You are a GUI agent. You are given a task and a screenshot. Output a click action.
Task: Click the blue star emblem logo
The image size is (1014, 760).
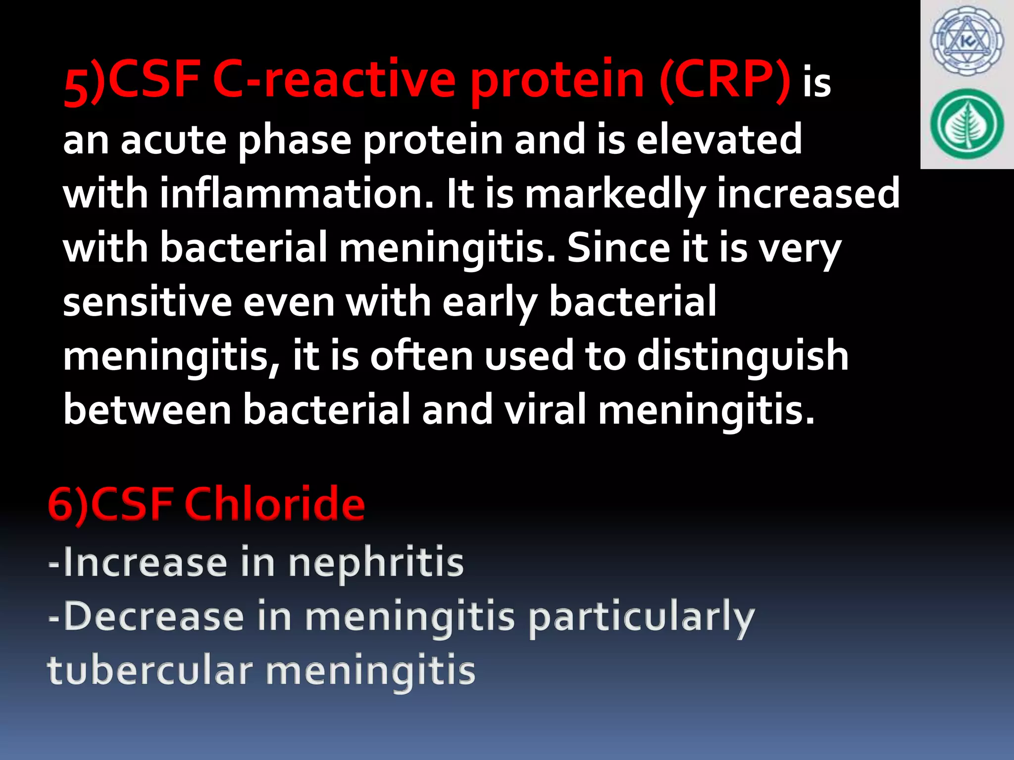[x=966, y=42]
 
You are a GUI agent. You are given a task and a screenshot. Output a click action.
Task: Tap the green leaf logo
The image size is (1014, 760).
[x=966, y=124]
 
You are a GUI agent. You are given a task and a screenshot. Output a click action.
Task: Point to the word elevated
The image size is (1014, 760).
[x=719, y=140]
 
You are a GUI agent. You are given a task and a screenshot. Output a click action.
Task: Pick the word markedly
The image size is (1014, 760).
[x=614, y=194]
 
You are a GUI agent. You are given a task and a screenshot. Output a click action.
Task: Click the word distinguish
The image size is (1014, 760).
[x=742, y=356]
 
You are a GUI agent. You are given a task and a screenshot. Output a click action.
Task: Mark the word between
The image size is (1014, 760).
[x=148, y=410]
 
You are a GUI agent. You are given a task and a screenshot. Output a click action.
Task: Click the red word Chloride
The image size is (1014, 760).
[x=275, y=504]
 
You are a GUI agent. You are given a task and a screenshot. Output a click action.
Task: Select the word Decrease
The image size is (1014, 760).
[x=154, y=617]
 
